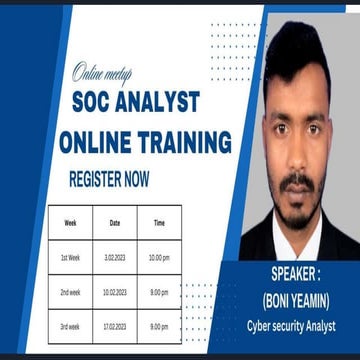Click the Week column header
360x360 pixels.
[x=70, y=221]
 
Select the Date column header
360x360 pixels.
[x=114, y=221]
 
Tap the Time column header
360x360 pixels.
[x=159, y=221]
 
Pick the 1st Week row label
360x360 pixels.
[x=70, y=257]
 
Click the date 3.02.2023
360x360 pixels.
[x=114, y=257]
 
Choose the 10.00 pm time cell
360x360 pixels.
[x=159, y=257]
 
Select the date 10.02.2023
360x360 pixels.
[x=114, y=292]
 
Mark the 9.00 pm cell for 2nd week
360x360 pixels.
[x=159, y=292]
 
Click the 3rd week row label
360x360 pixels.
[x=70, y=326]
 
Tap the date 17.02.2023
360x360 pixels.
[x=114, y=326]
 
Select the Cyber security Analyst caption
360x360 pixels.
[x=291, y=326]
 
